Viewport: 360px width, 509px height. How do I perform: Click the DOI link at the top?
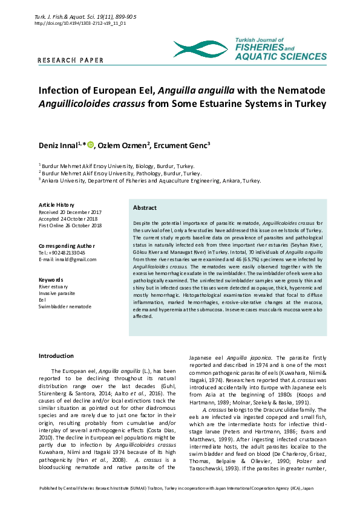(80, 23)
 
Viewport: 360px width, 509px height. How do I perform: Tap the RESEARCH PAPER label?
(71, 60)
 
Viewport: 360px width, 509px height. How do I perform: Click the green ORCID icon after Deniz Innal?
(91, 144)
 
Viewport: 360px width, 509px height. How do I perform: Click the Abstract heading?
(145, 207)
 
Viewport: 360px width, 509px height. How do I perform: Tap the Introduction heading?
(56, 355)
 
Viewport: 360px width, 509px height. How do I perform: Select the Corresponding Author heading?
(66, 246)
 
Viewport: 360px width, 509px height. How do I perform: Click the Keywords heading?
(51, 280)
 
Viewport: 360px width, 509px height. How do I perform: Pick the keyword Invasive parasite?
(58, 293)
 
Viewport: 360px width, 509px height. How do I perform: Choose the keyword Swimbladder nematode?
(65, 306)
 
